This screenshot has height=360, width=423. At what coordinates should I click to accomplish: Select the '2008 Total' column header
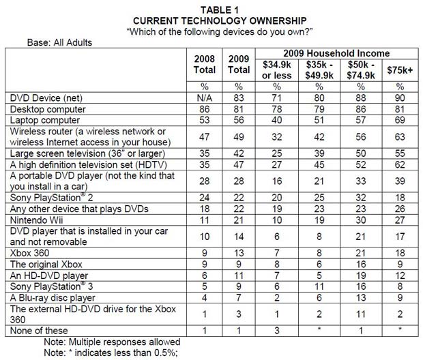coord(205,63)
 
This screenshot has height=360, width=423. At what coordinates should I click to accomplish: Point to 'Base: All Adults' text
coord(59,42)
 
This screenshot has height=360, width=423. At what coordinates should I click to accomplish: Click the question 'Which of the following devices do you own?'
coord(211,31)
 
